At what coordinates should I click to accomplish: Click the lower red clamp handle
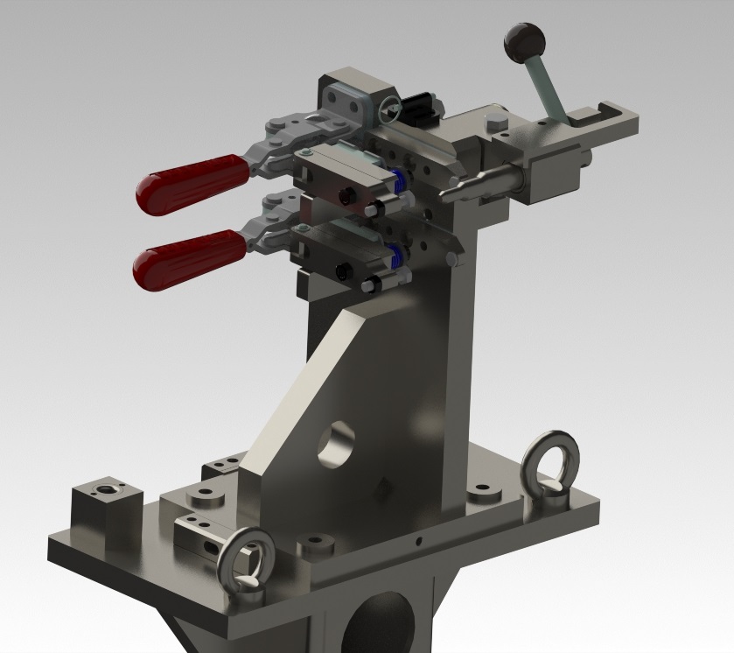click(x=188, y=257)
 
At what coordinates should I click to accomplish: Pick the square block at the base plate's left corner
click(x=106, y=503)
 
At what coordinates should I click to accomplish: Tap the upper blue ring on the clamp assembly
click(x=401, y=180)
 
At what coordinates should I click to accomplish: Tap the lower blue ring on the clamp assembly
click(x=395, y=256)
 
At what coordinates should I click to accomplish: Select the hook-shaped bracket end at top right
click(x=612, y=113)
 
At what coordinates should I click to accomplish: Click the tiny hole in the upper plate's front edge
click(x=421, y=540)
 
